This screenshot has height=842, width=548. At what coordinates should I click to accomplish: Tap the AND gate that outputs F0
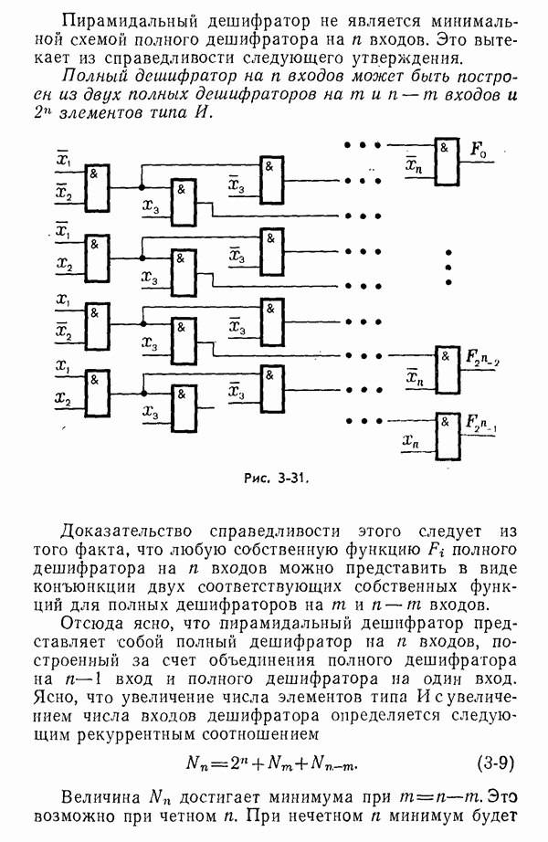pyautogui.click(x=447, y=162)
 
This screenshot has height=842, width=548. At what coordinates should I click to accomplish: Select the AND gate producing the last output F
pyautogui.click(x=447, y=435)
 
